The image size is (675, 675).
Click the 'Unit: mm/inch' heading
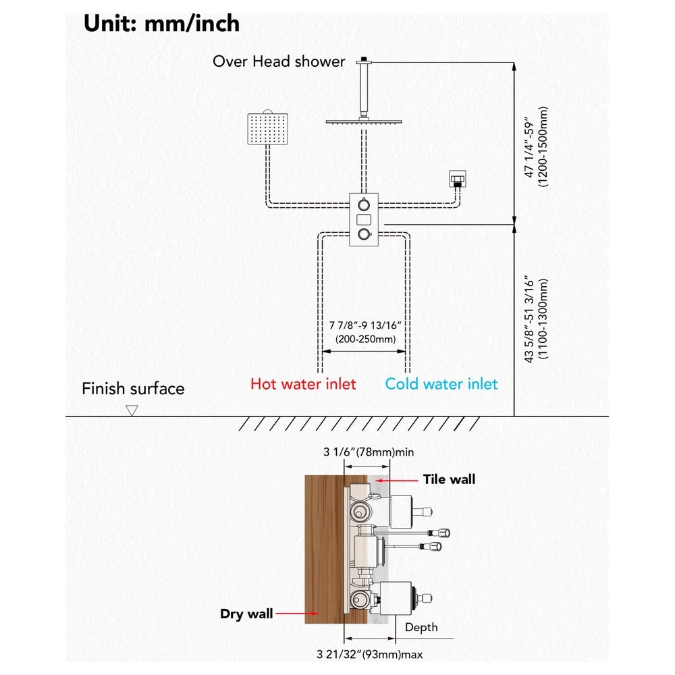tap(161, 24)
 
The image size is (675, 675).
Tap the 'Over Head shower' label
tap(279, 61)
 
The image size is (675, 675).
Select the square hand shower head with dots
tap(267, 128)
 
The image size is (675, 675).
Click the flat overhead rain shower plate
tap(364, 122)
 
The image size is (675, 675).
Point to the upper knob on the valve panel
tap(364, 204)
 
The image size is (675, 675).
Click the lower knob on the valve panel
tap(364, 234)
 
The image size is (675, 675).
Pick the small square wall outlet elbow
tap(457, 179)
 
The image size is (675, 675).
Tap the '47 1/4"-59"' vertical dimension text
tap(529, 147)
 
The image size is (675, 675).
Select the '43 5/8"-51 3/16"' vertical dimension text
tap(529, 320)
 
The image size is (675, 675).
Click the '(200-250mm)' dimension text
tap(365, 340)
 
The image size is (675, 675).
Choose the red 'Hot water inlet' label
tap(303, 383)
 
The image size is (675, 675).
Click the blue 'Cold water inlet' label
tap(441, 383)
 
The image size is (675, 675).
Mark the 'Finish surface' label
tap(133, 389)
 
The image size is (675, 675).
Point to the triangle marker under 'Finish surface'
tap(132, 410)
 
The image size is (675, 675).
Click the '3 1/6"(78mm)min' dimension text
tap(369, 452)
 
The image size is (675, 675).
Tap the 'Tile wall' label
tap(449, 479)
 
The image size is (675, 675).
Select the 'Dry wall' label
tap(246, 614)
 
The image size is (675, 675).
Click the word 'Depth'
tap(421, 627)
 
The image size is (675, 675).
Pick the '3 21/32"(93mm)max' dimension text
tap(369, 654)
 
